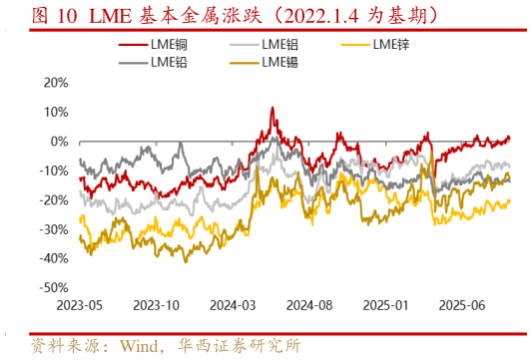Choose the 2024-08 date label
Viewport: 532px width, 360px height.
pyautogui.click(x=312, y=306)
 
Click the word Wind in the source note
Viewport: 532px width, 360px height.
pyautogui.click(x=140, y=347)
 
